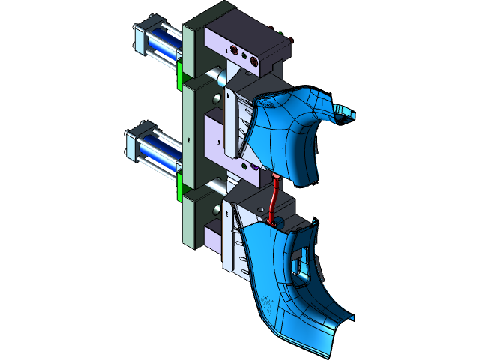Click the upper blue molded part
pyautogui.click(x=289, y=131)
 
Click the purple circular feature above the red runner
pyautogui.click(x=257, y=172)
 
